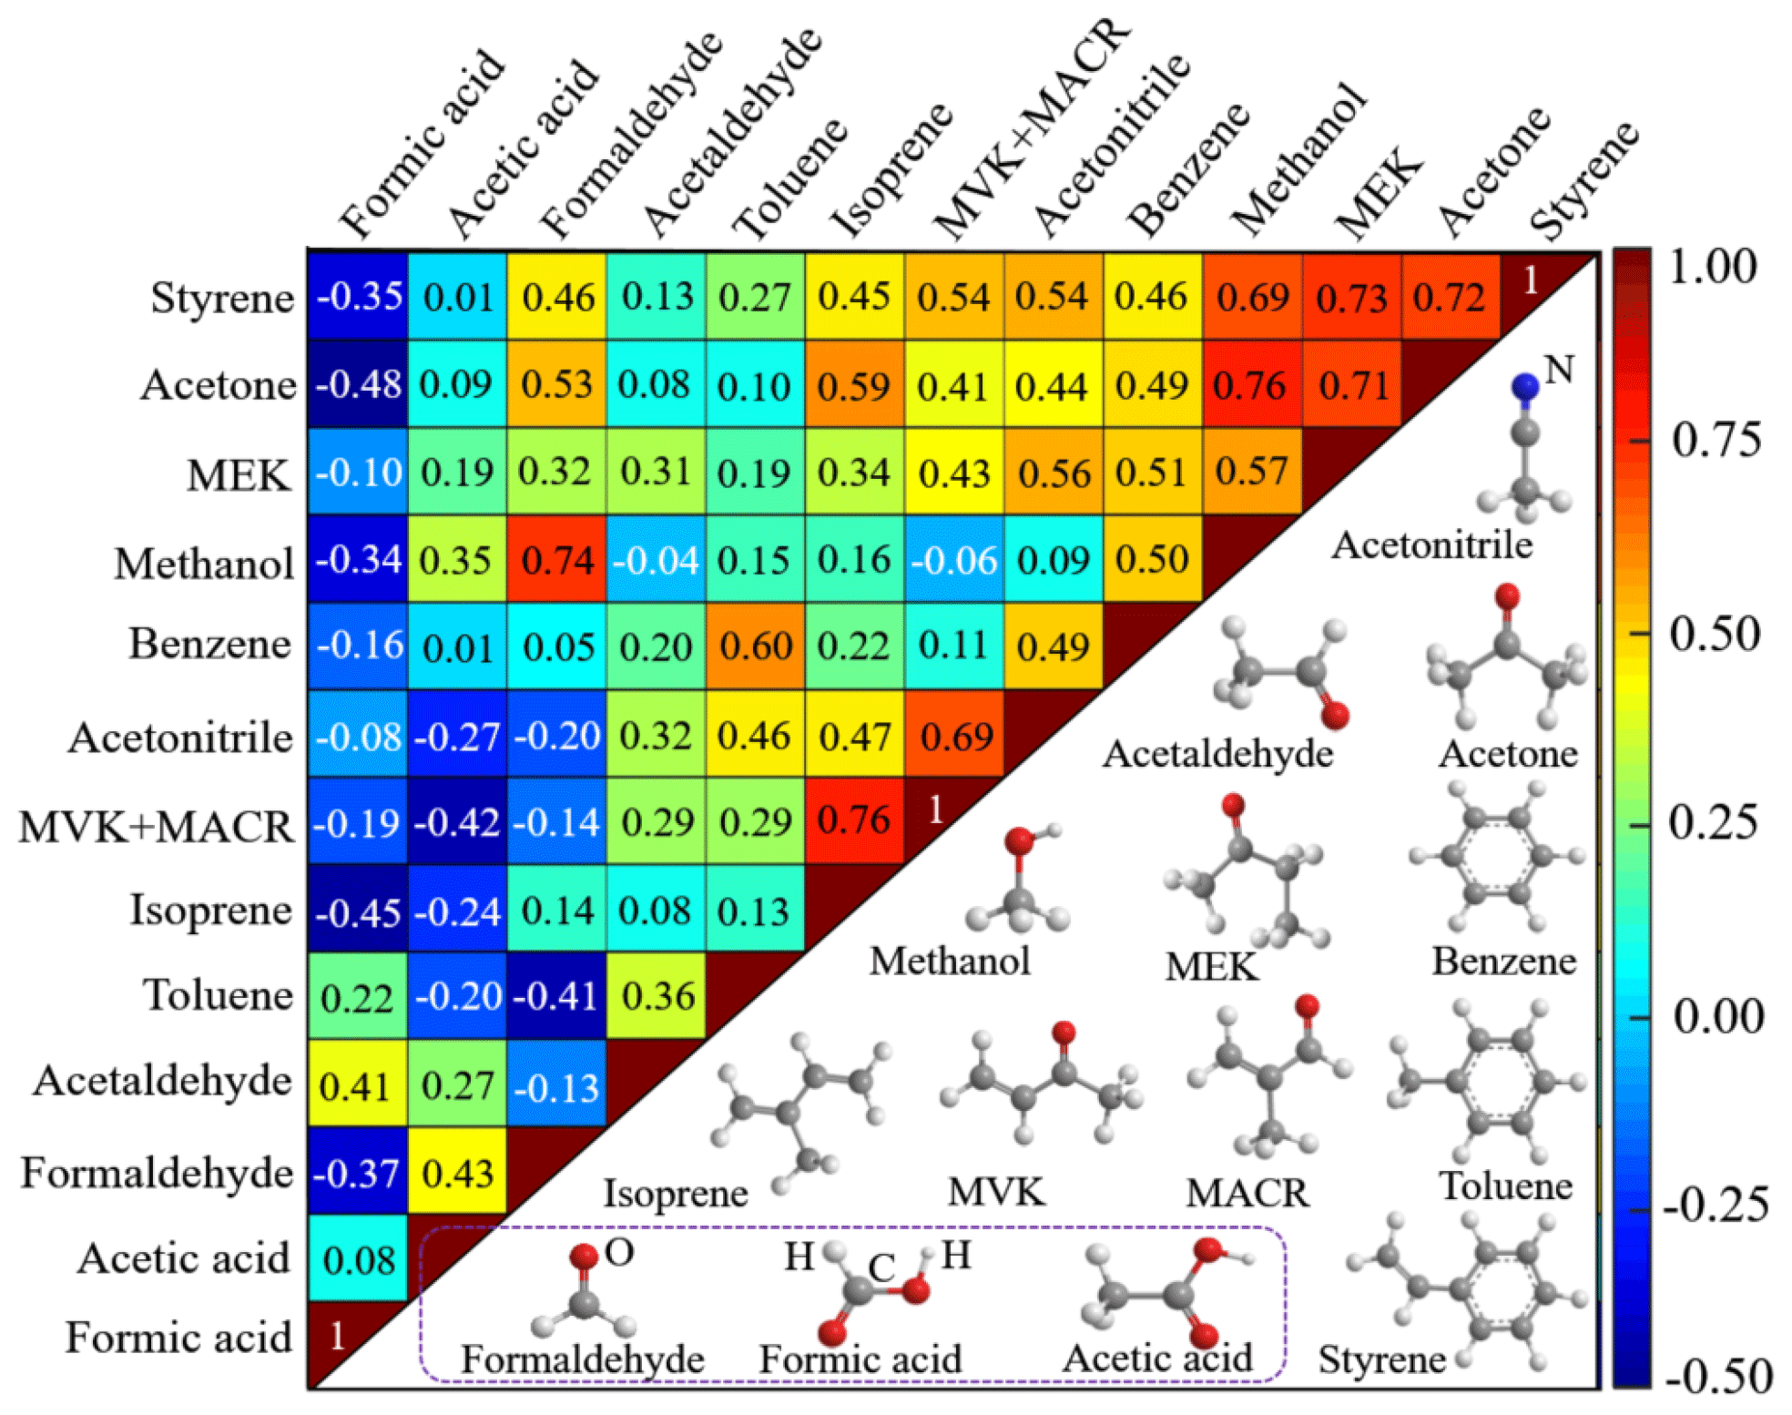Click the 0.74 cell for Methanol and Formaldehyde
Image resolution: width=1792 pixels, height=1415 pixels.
point(556,559)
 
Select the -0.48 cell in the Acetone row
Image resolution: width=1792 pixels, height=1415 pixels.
point(358,384)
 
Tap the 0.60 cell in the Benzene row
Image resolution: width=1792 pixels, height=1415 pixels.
point(755,646)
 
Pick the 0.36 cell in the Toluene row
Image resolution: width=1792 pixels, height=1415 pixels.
point(657,996)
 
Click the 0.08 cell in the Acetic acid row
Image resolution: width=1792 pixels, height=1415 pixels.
point(358,1260)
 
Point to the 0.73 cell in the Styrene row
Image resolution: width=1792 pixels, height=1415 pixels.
point(1351,298)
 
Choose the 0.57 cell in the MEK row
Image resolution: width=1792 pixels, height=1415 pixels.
point(1251,472)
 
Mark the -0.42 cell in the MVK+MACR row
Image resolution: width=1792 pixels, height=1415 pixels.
point(457,823)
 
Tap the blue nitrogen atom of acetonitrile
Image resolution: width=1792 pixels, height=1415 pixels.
point(1525,387)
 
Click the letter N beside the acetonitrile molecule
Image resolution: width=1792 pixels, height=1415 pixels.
point(1559,370)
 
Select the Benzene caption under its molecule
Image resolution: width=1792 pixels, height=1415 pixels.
point(1503,961)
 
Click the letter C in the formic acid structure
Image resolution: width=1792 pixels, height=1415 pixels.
point(881,1267)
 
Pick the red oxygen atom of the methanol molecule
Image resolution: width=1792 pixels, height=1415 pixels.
point(1019,840)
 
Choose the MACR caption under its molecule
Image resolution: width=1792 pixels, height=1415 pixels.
point(1247,1193)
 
